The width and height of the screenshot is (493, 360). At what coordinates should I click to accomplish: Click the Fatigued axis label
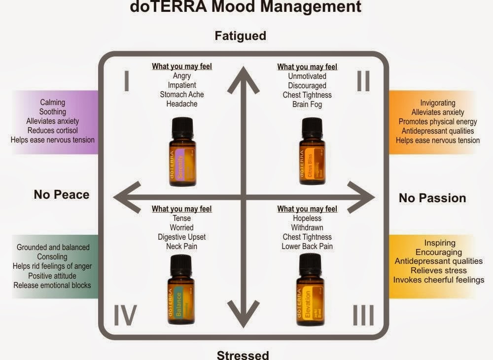pyautogui.click(x=240, y=36)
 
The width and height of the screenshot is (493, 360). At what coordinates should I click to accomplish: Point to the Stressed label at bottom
pyautogui.click(x=243, y=354)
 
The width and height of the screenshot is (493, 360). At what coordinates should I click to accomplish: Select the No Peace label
pyautogui.click(x=62, y=194)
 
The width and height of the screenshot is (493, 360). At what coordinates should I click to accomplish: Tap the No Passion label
pyautogui.click(x=432, y=198)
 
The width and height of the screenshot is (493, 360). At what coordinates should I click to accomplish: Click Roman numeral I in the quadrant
pyautogui.click(x=127, y=81)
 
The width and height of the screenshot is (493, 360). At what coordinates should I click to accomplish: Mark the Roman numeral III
pyautogui.click(x=364, y=316)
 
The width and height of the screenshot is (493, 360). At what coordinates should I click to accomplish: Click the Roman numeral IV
pyautogui.click(x=125, y=316)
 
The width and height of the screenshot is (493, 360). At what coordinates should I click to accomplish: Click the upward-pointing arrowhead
pyautogui.click(x=243, y=79)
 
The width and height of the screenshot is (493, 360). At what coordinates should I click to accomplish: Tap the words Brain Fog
pyautogui.click(x=307, y=104)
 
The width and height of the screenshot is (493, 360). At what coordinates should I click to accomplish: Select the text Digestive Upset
pyautogui.click(x=182, y=237)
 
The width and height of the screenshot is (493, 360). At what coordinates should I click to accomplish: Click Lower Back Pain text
pyautogui.click(x=307, y=246)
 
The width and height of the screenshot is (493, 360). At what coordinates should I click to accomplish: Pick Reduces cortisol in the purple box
pyautogui.click(x=53, y=130)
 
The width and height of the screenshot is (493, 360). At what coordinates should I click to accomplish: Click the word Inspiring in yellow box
pyautogui.click(x=440, y=243)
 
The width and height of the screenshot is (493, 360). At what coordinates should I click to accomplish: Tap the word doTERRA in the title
pyautogui.click(x=164, y=7)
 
